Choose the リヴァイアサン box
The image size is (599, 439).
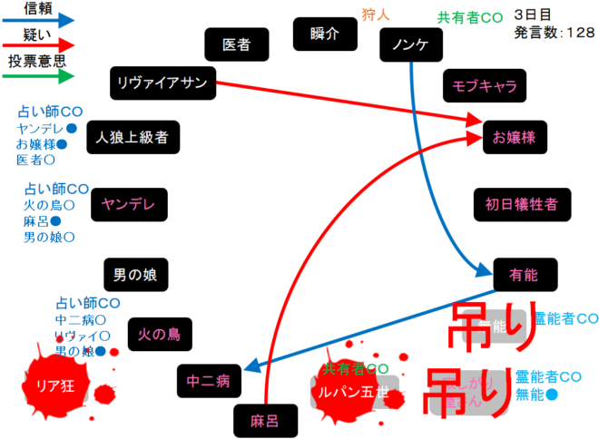click(162, 83)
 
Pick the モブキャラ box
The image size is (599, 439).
click(484, 86)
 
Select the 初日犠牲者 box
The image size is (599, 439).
click(522, 204)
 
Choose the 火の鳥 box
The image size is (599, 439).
click(160, 334)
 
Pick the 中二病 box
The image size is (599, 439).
click(209, 381)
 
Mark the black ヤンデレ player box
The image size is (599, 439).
click(129, 204)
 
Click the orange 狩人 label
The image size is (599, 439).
click(375, 13)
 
